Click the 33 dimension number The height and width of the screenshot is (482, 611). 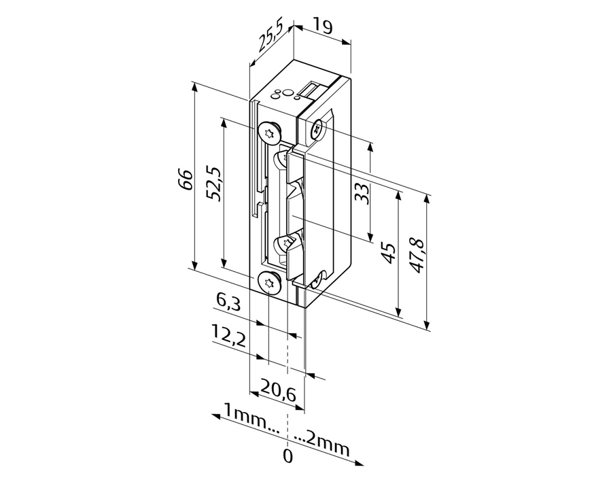click(x=362, y=194)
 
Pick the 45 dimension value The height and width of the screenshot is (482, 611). click(x=387, y=253)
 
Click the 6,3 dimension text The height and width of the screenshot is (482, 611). click(x=228, y=303)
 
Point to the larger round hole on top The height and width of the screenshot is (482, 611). click(x=287, y=92)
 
